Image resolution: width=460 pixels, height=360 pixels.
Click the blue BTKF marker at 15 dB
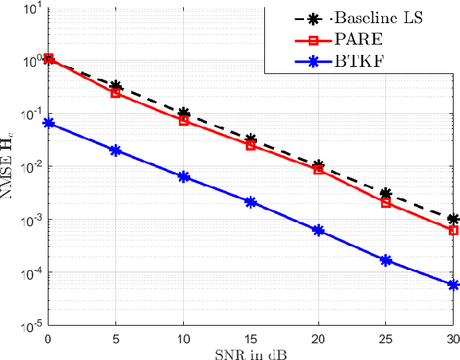coord(251,202)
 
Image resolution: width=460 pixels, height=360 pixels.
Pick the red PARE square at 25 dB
coord(386,203)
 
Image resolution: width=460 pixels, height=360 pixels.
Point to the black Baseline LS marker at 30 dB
coord(454,219)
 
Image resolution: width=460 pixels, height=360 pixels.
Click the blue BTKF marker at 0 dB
coord(49,123)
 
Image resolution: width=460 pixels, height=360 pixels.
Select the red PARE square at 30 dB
coord(454,230)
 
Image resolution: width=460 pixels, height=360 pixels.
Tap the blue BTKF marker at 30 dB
coord(454,284)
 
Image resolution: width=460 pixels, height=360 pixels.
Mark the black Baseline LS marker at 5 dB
coord(116,86)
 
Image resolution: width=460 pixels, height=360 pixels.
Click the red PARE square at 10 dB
coord(184,121)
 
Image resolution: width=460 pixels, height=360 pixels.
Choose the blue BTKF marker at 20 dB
coord(318,230)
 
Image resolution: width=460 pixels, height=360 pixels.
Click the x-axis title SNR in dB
coord(251,352)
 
